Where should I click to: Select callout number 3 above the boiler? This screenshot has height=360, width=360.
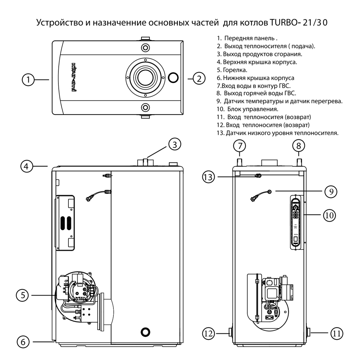pos(174,145)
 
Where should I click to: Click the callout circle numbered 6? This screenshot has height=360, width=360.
pos(23,342)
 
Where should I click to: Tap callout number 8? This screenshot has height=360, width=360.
pos(298,146)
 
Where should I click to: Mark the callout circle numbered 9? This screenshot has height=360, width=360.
pos(331,192)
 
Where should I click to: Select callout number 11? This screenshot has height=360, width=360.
pos(336,333)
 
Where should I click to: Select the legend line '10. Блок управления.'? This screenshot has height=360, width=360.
pos(248,109)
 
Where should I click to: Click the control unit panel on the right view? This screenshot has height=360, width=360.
pos(296,222)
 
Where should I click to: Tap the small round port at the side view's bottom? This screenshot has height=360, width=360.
pos(145,331)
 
